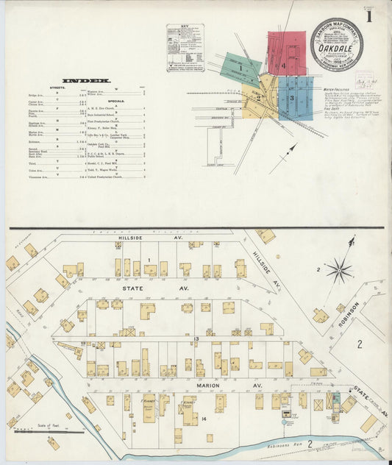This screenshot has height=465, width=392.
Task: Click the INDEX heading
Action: click(x=86, y=80)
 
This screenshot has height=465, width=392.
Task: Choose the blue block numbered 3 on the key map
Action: click(x=295, y=96)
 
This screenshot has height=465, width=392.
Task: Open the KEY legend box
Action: click(x=185, y=48)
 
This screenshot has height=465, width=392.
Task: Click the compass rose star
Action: click(x=339, y=271)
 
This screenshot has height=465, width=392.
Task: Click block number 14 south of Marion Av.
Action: click(x=204, y=420)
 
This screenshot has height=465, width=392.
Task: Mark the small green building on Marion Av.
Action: click(x=335, y=402)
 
